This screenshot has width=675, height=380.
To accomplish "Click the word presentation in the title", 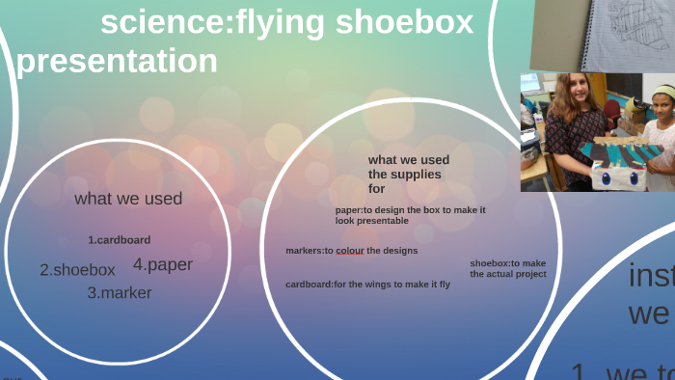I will (117, 61).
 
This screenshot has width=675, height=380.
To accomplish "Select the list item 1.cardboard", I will (120, 239).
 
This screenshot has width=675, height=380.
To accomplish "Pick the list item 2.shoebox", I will (77, 270).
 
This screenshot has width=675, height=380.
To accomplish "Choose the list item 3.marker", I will (120, 293).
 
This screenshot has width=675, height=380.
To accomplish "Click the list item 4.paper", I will (163, 264).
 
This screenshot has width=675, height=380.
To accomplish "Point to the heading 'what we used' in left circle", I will (128, 200).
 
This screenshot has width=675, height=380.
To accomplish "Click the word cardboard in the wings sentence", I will (308, 285).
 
